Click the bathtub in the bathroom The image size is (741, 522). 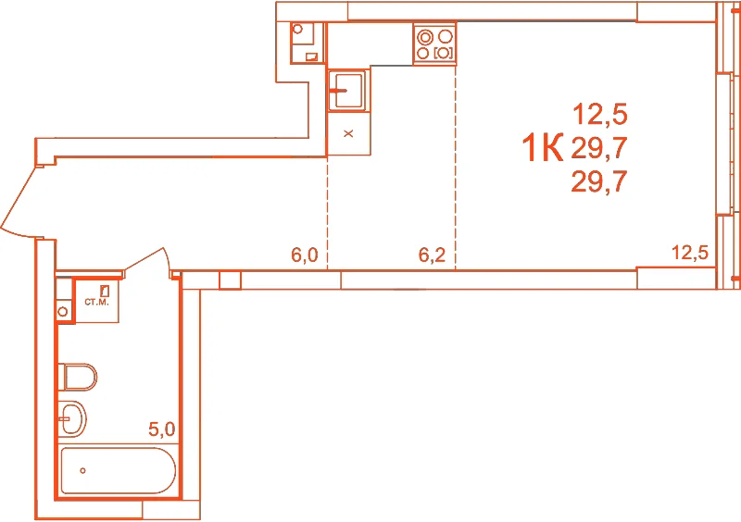[119, 470]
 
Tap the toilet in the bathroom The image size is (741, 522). [78, 377]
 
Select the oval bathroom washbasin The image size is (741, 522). [72, 418]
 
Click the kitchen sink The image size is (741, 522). [346, 90]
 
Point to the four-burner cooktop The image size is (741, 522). [434, 43]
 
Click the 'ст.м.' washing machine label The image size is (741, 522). [97, 302]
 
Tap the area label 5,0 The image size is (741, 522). [161, 429]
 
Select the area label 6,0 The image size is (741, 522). [305, 255]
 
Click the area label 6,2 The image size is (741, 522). [432, 255]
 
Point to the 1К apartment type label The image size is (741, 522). [543, 147]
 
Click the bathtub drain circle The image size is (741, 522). [82, 470]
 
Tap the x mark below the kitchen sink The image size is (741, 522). [348, 133]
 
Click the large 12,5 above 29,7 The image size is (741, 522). [599, 115]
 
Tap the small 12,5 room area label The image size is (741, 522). [690, 253]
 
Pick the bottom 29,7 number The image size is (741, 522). [599, 181]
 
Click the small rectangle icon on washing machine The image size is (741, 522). [105, 291]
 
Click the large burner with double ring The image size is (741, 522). [425, 37]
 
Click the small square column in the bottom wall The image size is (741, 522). [230, 280]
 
